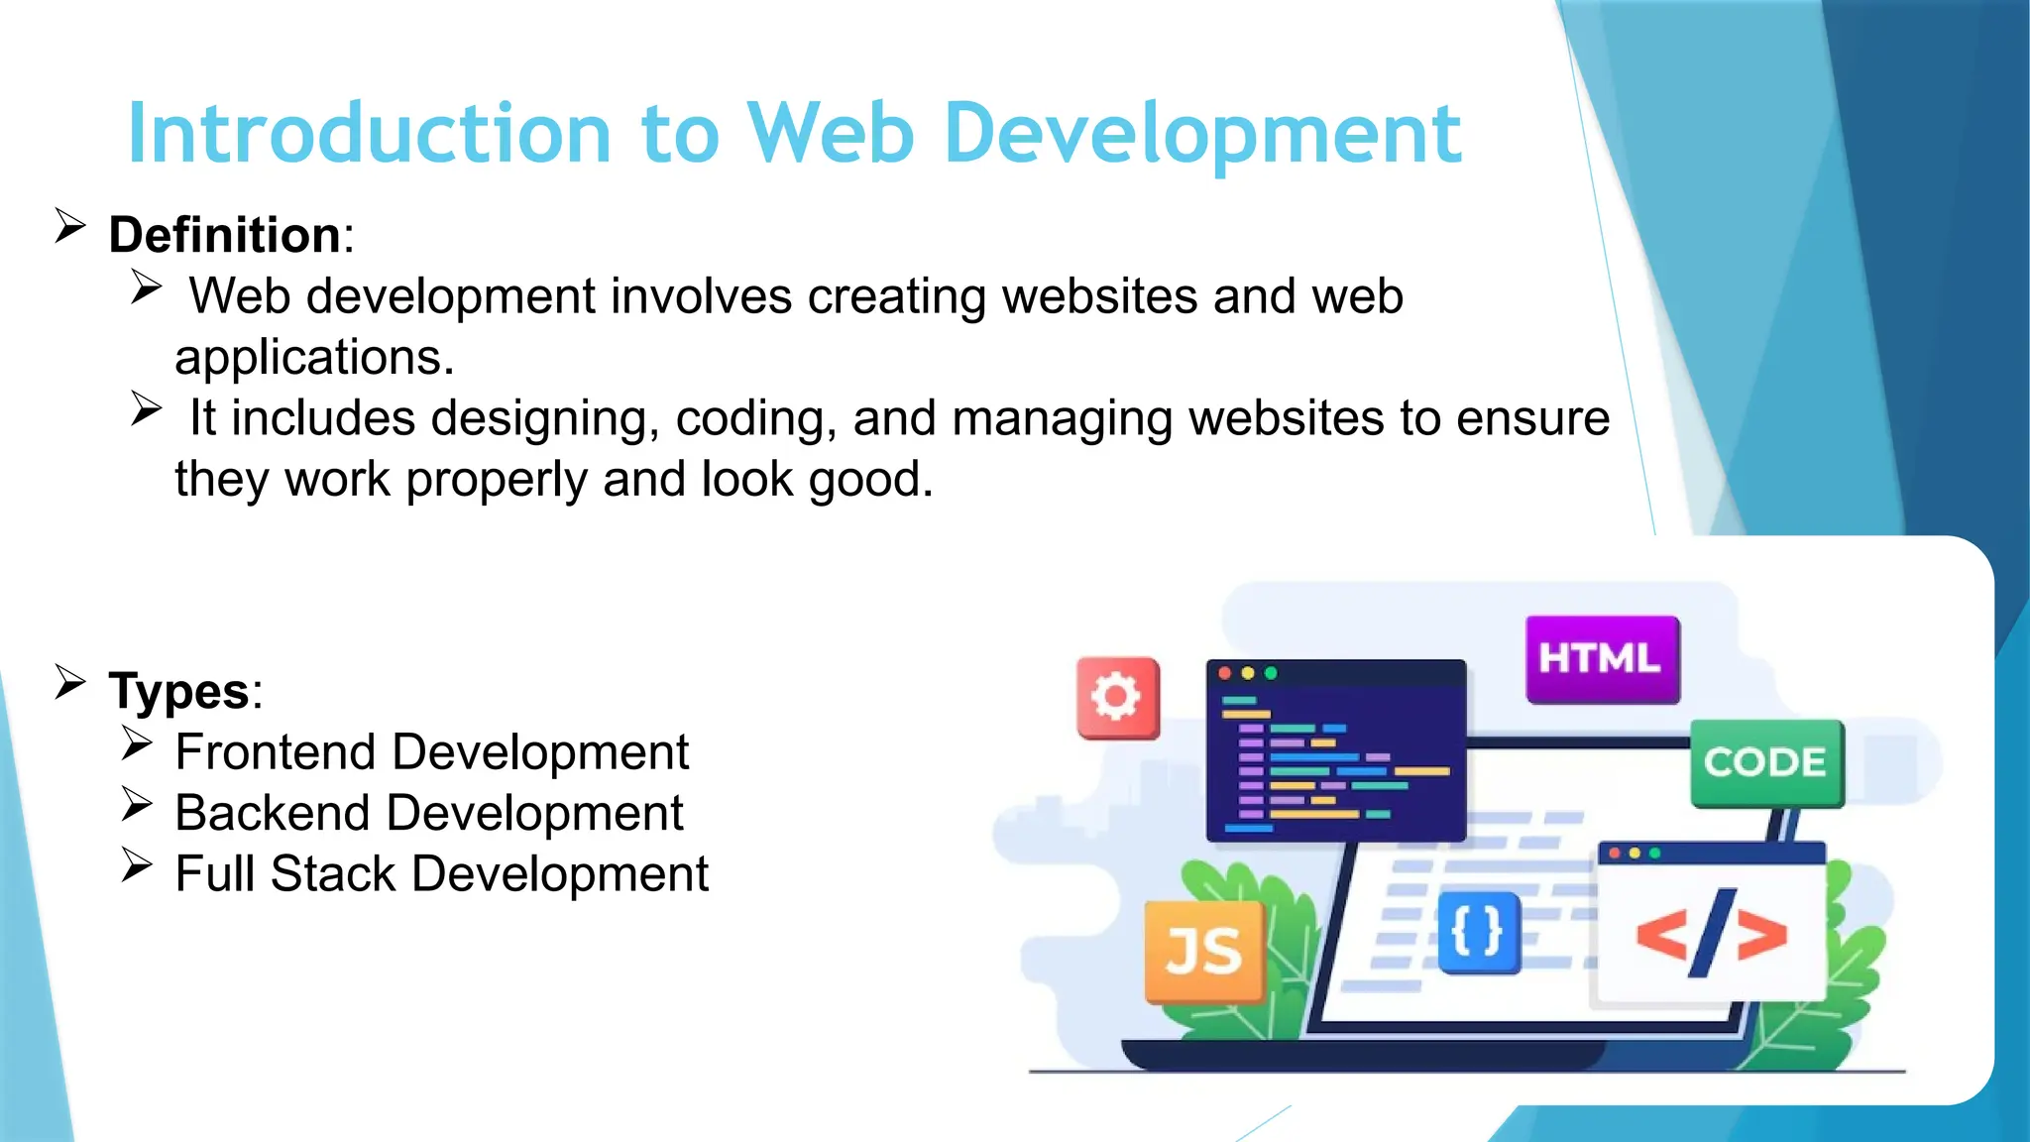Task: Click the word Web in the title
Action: pos(829,134)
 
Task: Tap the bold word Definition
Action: pos(225,236)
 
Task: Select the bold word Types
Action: pos(179,691)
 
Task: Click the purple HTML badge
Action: pos(1602,658)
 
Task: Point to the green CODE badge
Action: pos(1765,762)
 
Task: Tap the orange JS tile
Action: pos(1203,951)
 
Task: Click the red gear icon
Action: pos(1117,698)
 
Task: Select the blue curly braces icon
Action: pos(1477,932)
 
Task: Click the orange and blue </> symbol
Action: pos(1711,934)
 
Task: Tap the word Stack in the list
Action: pos(333,874)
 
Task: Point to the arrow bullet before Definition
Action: pos(70,226)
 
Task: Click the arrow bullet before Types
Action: pos(70,682)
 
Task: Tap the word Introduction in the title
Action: pos(369,134)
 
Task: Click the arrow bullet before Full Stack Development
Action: pos(137,865)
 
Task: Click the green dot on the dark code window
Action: pos(1271,673)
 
